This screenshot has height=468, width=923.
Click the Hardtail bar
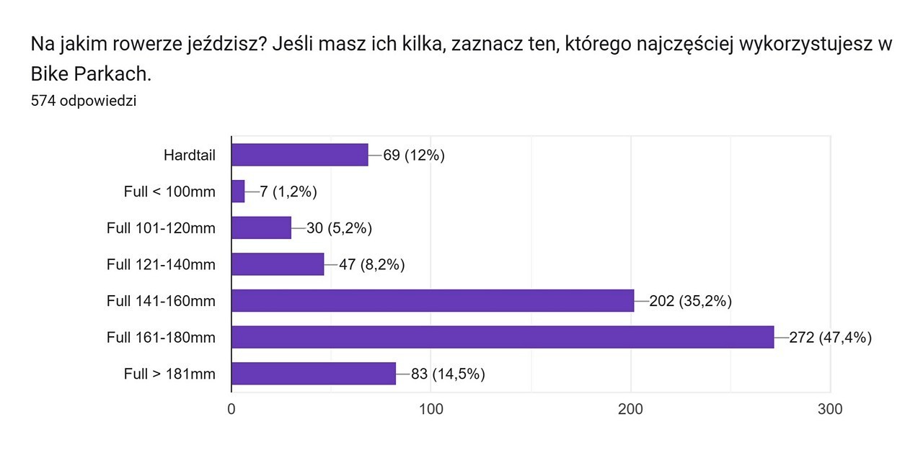click(x=299, y=155)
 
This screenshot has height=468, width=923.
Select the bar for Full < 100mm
click(x=238, y=192)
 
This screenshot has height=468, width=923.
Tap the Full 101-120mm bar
click(x=261, y=228)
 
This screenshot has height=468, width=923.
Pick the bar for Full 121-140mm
click(x=278, y=264)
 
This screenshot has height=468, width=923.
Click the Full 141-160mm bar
click(x=433, y=300)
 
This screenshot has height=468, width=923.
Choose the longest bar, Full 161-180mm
click(x=503, y=337)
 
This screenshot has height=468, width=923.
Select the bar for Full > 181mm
click(x=314, y=373)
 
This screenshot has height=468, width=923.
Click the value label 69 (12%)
click(x=414, y=155)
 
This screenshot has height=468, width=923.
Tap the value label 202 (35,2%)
click(x=691, y=300)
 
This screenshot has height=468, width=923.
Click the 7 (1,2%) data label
click(x=288, y=192)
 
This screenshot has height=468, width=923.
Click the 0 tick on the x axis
click(x=231, y=409)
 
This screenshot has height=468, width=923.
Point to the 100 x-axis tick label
click(x=431, y=409)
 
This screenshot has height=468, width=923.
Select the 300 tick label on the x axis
click(x=831, y=409)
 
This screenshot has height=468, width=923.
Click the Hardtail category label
click(x=190, y=155)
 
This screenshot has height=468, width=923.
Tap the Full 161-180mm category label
click(x=161, y=337)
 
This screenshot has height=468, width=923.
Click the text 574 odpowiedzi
click(x=84, y=101)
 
